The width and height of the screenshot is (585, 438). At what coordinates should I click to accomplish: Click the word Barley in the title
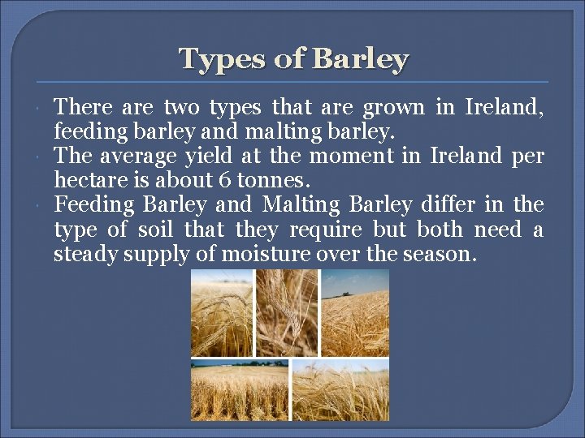coord(360,59)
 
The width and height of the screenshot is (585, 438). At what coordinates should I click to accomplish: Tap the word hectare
coord(89,178)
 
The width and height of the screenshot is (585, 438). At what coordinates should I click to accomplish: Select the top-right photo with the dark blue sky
coord(354,313)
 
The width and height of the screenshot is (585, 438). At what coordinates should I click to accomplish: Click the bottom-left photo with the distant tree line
coord(239,390)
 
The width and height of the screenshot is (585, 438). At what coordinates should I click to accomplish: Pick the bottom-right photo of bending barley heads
coord(340,390)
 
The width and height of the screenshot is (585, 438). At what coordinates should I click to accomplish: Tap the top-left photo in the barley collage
coord(221,313)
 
